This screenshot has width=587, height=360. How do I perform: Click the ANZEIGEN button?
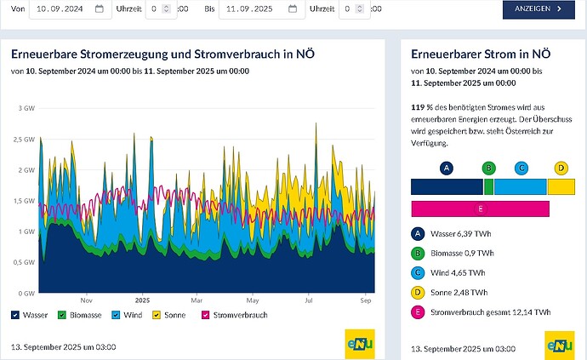pos(539,9)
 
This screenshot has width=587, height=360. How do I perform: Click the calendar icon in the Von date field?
pos(100,9)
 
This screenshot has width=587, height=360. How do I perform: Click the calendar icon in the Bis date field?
pos(293,9)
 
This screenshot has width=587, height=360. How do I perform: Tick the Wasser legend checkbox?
pos(15,315)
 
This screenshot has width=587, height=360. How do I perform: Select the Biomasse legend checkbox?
pos(62,315)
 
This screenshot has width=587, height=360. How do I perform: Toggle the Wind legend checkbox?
pos(116,315)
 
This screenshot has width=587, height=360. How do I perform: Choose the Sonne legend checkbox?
pos(157,315)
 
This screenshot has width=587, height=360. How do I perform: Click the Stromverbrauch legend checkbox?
pos(205,315)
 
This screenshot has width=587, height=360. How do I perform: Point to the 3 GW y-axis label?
pos(26,108)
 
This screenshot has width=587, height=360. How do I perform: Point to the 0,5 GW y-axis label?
pos(24,262)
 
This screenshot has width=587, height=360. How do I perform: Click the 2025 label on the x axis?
pos(142,300)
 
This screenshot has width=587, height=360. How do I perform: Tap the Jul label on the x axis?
pos(309,300)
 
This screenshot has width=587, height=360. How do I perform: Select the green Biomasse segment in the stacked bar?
pos(488,186)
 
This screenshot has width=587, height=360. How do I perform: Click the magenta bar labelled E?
pos(481,209)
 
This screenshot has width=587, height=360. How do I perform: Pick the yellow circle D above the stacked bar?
pos(561,169)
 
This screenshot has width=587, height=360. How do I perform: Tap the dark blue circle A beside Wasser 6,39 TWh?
pos(418,234)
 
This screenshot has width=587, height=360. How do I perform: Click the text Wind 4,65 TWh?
pos(458,272)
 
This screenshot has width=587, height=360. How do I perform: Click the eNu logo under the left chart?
pos(360,345)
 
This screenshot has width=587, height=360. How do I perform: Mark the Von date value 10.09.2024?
pos(60,9)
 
